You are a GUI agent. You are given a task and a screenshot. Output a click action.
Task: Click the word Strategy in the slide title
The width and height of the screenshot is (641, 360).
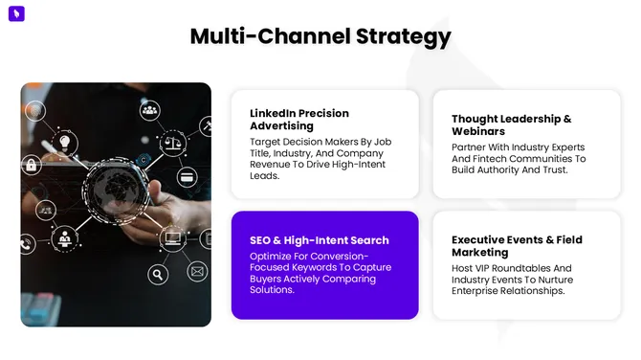(402, 37)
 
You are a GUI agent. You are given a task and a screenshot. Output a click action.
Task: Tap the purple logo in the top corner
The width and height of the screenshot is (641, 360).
(15, 14)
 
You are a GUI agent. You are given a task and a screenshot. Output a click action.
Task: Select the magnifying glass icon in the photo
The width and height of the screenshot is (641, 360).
(159, 274)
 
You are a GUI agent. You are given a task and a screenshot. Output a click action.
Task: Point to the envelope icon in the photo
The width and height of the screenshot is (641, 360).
(197, 272)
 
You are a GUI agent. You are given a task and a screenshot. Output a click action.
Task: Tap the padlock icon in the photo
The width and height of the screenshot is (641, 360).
(31, 165)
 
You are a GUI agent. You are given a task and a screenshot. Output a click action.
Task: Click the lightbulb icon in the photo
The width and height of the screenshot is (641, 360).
(64, 143)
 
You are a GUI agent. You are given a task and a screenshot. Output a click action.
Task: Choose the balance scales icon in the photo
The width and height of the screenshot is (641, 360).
(174, 143)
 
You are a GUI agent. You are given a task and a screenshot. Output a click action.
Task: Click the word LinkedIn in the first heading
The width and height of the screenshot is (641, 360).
(276, 113)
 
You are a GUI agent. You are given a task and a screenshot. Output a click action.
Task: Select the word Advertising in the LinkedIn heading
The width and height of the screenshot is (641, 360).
(281, 125)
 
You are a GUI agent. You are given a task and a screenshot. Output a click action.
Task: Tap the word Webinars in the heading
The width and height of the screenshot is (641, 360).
(478, 131)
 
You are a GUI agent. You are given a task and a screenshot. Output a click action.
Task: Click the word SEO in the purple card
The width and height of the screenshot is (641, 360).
(261, 240)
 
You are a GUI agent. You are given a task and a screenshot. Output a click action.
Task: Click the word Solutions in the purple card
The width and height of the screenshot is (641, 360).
(272, 290)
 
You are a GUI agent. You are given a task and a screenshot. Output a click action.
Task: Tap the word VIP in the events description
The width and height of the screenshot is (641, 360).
(485, 268)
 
